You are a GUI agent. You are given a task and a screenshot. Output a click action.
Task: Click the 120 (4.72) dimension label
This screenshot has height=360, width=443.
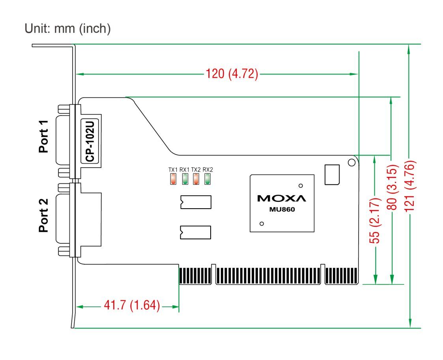(232, 74)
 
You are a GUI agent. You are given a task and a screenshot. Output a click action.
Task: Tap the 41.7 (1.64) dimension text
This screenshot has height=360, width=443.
(132, 305)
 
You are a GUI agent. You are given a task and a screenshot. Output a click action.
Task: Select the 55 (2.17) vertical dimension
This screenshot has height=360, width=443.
(375, 220)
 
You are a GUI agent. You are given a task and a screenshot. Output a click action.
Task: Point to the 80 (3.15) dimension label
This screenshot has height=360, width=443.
(392, 188)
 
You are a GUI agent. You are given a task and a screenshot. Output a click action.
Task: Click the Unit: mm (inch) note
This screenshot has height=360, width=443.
(67, 28)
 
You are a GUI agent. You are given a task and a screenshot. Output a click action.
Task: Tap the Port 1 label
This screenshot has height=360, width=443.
(43, 137)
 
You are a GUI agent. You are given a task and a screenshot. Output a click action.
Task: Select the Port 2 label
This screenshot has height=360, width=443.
(43, 215)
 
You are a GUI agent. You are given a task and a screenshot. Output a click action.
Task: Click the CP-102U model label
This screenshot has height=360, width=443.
(90, 141)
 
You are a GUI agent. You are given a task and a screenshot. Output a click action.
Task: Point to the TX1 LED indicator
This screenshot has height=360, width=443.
(173, 179)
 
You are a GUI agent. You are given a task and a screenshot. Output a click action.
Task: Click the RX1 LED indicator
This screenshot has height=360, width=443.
(185, 179)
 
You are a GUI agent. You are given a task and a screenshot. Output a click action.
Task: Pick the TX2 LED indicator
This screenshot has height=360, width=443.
(196, 179)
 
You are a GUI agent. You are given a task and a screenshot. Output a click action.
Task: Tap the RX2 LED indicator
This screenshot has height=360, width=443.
(207, 179)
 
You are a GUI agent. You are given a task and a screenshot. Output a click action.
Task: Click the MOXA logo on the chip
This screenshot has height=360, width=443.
(282, 198)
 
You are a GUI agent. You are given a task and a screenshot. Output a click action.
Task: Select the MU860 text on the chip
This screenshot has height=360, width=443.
(282, 209)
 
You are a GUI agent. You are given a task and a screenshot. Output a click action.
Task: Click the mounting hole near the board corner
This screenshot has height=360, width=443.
(352, 162)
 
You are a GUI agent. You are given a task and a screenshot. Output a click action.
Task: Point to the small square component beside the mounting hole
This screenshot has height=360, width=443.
(332, 175)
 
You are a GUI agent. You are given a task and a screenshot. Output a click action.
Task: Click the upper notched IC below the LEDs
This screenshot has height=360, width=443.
(196, 202)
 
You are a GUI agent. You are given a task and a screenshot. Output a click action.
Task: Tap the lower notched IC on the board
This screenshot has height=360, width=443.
(196, 232)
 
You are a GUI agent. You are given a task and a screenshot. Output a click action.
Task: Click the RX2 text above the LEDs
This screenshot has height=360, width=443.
(207, 170)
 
